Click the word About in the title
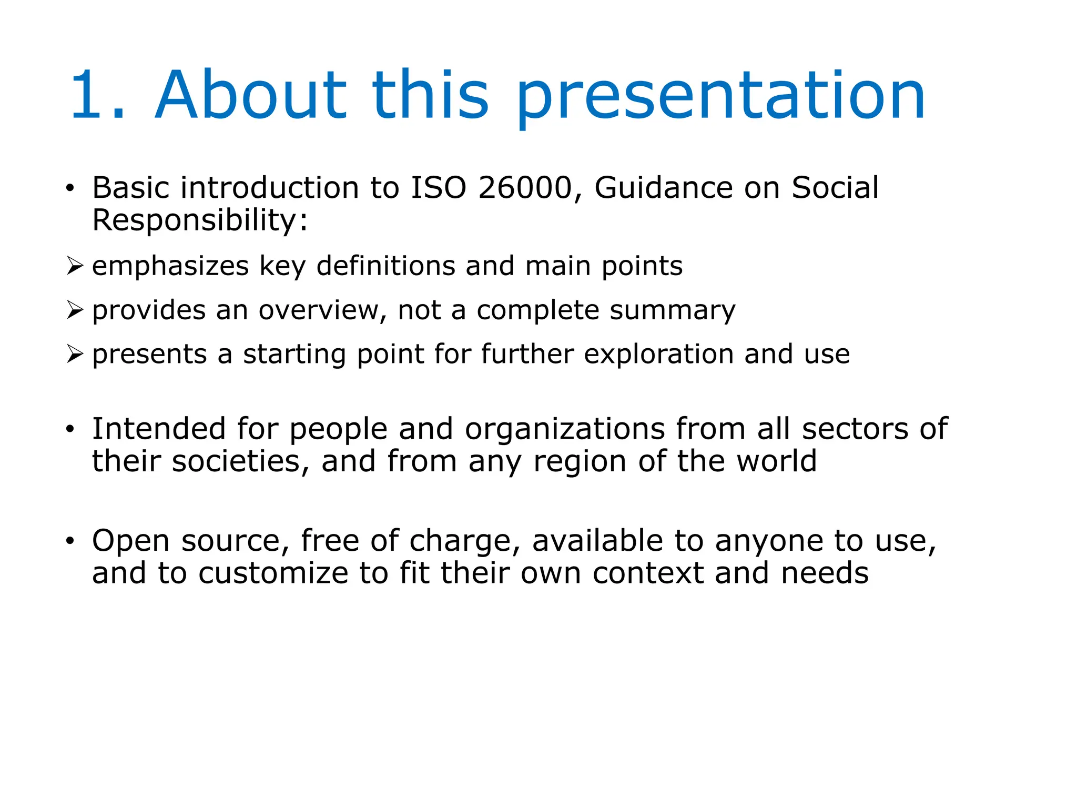coord(250,95)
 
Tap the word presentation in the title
coord(720,97)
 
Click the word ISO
coord(439,188)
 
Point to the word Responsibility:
coord(200,220)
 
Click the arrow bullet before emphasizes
coord(75,266)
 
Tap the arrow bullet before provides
coord(75,310)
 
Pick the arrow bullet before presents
coord(75,354)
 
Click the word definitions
coord(385,266)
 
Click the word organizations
coord(565,429)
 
